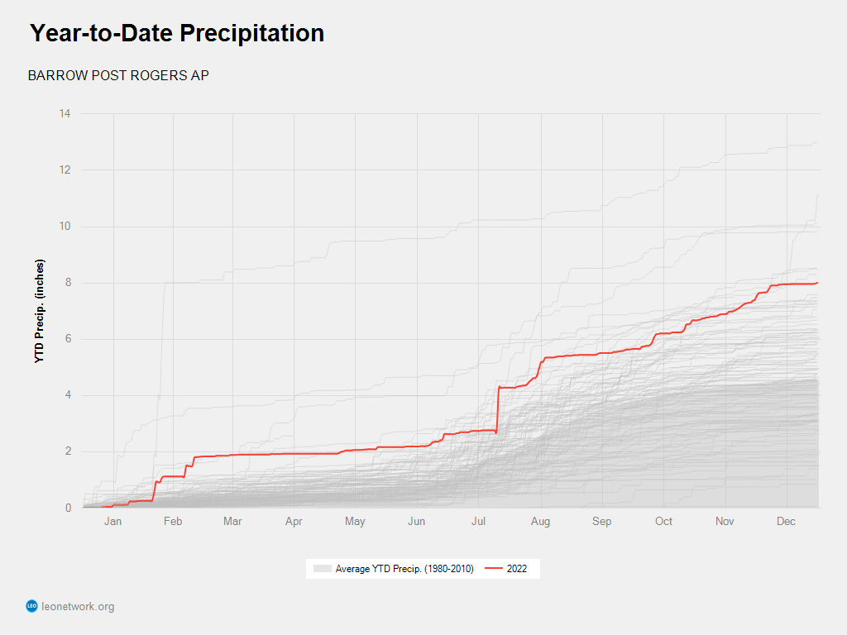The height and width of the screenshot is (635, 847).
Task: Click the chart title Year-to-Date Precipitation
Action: point(177,33)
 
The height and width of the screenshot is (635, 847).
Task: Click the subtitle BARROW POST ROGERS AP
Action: point(118,75)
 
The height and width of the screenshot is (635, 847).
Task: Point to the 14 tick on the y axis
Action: point(65,113)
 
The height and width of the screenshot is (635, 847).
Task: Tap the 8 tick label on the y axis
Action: point(67,283)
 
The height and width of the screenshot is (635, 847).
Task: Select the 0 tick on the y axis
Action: point(67,508)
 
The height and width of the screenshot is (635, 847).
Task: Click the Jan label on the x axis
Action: point(112,521)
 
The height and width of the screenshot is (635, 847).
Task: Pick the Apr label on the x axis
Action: point(294,521)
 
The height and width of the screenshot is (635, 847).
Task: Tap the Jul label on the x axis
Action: point(479,521)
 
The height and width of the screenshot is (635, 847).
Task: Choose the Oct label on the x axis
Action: point(663,521)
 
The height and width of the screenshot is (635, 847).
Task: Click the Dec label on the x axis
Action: point(787,521)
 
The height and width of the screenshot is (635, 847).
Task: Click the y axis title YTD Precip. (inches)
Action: point(40,311)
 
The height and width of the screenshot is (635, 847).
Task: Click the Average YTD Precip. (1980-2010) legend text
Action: point(404,569)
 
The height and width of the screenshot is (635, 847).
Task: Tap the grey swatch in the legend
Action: point(322,569)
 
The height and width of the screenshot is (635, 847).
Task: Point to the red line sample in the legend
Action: point(493,569)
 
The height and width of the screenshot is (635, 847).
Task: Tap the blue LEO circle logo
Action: point(32,607)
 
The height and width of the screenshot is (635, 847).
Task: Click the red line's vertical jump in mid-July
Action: point(497,409)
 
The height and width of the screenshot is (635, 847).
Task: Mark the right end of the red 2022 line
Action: point(817,283)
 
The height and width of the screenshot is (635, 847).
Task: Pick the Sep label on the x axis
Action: point(602,521)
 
